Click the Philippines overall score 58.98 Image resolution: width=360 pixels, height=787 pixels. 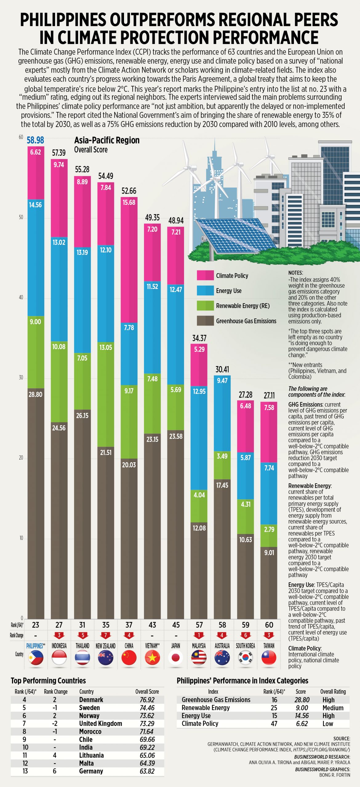[35, 140]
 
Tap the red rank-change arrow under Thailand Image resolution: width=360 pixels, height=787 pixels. [82, 635]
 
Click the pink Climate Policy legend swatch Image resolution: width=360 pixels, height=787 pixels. [205, 275]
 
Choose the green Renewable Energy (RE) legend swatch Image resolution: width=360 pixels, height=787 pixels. [205, 306]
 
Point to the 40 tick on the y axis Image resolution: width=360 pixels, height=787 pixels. [21, 298]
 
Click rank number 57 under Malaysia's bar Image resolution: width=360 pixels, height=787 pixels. [199, 625]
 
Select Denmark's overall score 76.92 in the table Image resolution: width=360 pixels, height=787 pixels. [147, 700]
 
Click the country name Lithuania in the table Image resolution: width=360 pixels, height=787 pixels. [91, 755]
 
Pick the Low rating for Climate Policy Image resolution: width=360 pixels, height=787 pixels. [328, 724]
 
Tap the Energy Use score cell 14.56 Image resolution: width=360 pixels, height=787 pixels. [302, 716]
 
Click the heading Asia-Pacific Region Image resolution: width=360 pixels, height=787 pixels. [107, 140]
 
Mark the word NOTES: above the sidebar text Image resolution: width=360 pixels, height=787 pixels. [295, 273]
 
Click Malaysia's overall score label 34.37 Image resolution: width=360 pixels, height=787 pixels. [199, 338]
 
